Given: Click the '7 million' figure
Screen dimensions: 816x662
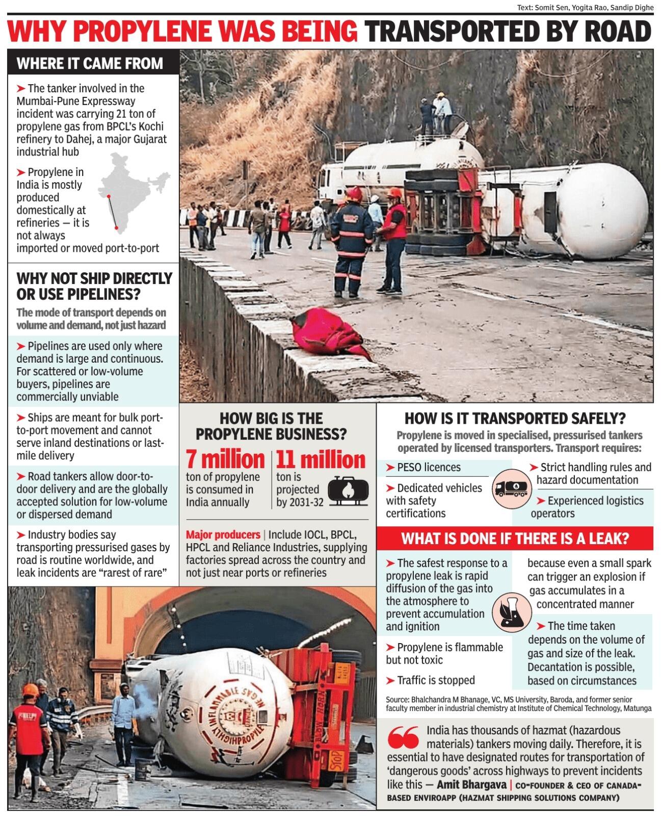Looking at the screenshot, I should point(225,460).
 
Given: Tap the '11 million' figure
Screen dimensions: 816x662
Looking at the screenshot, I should point(321,460).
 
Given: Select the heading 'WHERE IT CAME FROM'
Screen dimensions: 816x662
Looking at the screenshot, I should point(90,63).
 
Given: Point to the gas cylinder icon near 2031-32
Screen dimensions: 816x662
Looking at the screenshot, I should point(348,490).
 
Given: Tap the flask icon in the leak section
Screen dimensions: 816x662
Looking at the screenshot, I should point(510,611).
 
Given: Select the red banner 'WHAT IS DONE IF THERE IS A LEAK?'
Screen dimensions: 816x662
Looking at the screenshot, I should point(515,539).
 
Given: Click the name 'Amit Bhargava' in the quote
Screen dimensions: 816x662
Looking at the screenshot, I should point(471,784).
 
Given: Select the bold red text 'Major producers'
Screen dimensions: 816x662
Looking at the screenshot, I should point(223,534).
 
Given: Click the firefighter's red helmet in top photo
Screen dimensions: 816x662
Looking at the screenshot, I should point(354,195).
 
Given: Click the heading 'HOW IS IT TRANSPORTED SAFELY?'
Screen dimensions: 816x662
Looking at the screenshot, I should point(515,418).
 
